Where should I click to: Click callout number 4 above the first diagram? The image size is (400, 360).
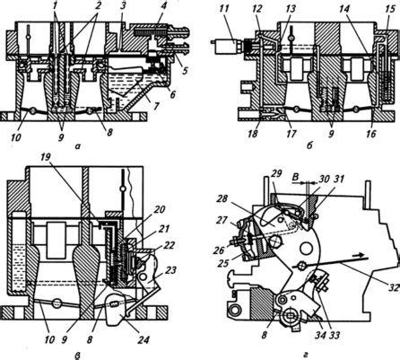(163, 7)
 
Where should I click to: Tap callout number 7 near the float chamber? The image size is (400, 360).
(157, 106)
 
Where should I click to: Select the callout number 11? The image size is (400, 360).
(223, 8)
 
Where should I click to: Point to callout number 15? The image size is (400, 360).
(390, 8)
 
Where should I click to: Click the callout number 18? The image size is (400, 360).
(253, 134)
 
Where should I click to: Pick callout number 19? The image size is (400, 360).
(46, 158)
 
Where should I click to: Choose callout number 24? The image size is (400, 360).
(143, 340)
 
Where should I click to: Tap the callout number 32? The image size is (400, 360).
(394, 288)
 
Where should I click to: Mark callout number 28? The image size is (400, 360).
(222, 198)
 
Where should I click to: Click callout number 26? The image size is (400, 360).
(219, 250)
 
